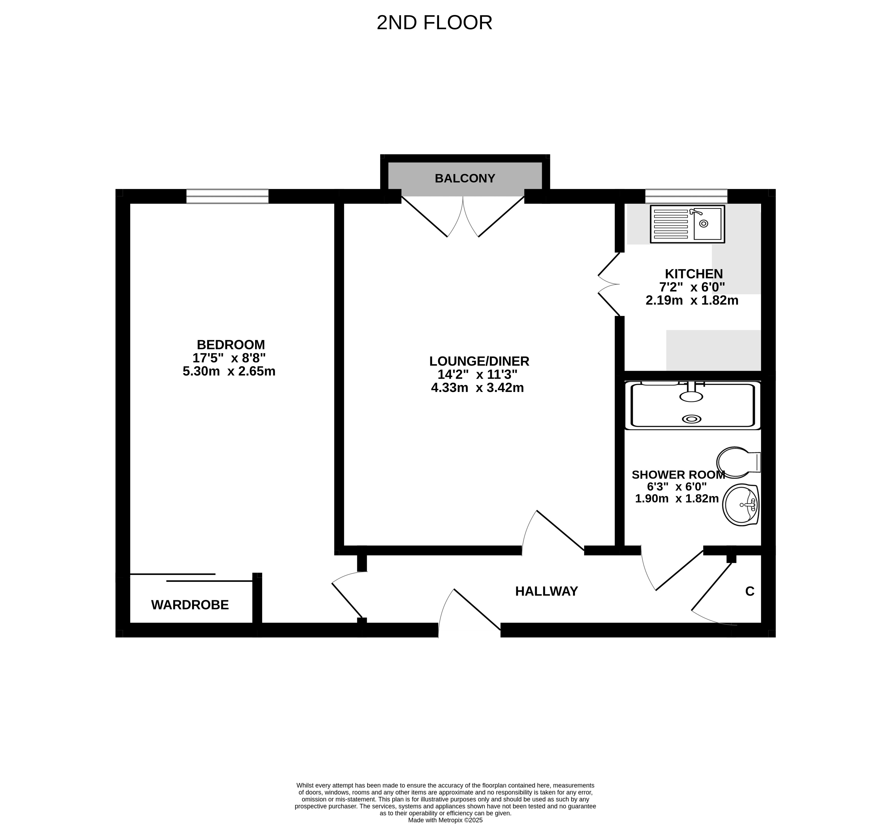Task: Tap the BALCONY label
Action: [x=465, y=178]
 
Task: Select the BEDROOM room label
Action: [x=231, y=345]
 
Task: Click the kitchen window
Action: [x=686, y=196]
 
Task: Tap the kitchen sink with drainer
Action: [x=687, y=224]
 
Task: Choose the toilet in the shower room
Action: [x=738, y=462]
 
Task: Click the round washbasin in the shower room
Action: [x=741, y=505]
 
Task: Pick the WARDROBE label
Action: [x=190, y=605]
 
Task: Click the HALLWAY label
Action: [x=546, y=591]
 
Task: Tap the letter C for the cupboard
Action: [x=749, y=591]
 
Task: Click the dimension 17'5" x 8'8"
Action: [x=229, y=358]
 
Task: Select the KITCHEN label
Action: [x=694, y=274]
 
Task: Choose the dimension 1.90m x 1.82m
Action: [x=677, y=499]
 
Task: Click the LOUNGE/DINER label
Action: [x=479, y=361]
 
